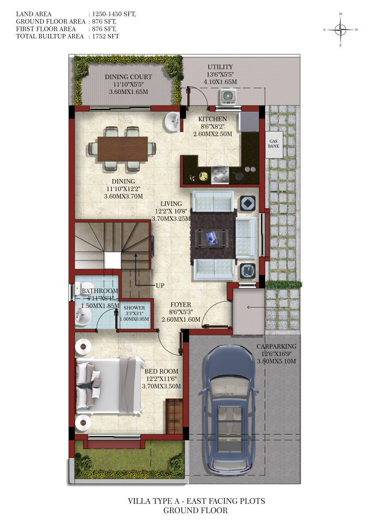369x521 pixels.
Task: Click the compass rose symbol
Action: tap(340, 30)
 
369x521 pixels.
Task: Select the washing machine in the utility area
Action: tap(228, 96)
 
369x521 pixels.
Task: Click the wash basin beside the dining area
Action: tap(172, 122)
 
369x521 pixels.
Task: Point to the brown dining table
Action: tap(123, 149)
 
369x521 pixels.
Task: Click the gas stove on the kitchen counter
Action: tap(220, 175)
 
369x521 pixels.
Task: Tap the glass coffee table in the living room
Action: tap(211, 238)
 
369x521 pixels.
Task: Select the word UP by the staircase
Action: tap(160, 285)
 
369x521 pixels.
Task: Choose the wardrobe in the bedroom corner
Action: tap(174, 416)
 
